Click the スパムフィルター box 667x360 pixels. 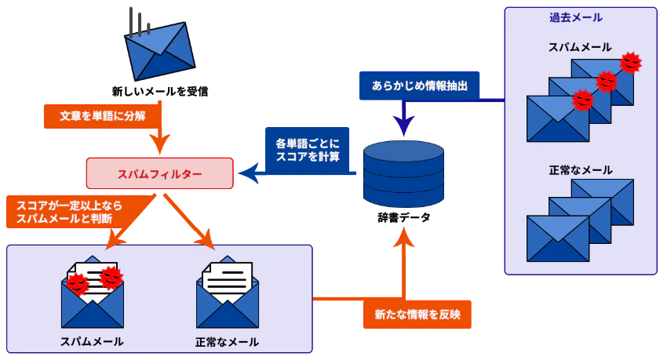click(159, 173)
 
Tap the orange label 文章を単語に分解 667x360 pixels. click(101, 115)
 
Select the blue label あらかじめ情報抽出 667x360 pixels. click(420, 85)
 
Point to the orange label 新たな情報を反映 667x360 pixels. click(417, 314)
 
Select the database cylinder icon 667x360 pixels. click(403, 173)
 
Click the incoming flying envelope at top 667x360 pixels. click(161, 51)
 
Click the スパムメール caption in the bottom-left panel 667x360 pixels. click(92, 342)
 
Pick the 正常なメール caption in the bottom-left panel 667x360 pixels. click(227, 342)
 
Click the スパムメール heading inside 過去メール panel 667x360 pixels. click(580, 47)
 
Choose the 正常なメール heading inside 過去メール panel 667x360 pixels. click(581, 169)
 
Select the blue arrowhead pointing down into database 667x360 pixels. click(403, 125)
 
